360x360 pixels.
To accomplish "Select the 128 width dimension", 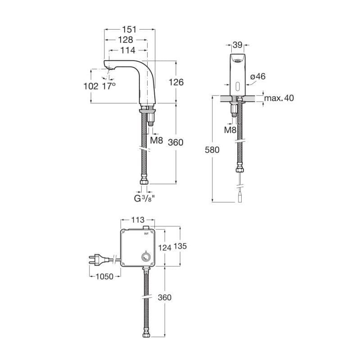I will point(126,40).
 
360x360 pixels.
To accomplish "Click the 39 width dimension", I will point(238,45).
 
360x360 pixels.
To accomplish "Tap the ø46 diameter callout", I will point(258,76).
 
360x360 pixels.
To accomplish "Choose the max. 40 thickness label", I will point(279,98).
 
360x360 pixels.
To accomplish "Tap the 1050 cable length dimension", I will point(104,277).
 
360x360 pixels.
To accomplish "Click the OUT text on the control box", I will point(146,234).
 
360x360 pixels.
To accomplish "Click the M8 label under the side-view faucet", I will point(157,140).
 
